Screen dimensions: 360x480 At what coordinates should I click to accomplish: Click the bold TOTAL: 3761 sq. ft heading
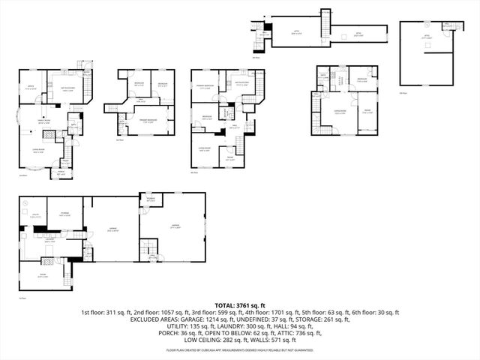(240, 305)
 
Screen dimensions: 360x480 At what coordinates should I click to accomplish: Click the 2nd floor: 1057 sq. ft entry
(153, 312)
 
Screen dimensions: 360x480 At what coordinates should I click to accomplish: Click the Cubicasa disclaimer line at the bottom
(240, 350)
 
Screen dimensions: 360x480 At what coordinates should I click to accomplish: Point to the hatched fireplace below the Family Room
(49, 133)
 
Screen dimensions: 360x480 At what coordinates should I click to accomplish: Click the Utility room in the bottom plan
(34, 217)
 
